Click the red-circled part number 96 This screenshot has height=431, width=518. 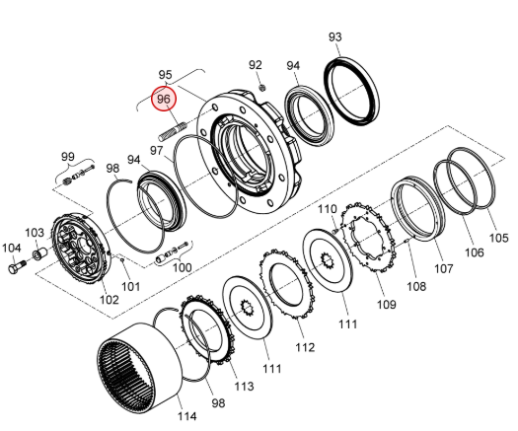click(x=164, y=99)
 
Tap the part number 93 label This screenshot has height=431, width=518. click(x=335, y=36)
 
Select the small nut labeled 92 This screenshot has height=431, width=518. click(x=263, y=88)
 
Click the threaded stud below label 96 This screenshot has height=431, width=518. click(x=172, y=130)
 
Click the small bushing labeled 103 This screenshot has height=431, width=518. click(x=39, y=255)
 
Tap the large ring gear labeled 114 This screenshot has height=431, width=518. click(x=140, y=368)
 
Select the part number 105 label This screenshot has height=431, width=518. click(x=498, y=238)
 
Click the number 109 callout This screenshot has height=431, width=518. click(x=386, y=304)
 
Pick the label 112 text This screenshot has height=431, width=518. click(x=305, y=347)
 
